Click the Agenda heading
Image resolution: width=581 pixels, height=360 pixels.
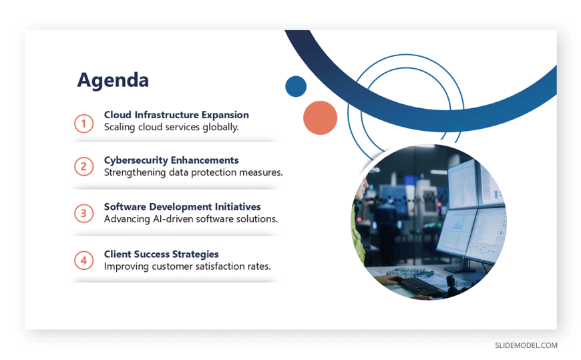[113, 80]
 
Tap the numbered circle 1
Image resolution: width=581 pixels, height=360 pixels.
[83, 124]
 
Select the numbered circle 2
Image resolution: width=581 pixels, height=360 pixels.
[83, 166]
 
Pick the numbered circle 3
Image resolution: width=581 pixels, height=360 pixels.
[83, 214]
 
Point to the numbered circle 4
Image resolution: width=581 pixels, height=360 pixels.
[83, 260]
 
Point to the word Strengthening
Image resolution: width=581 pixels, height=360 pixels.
[135, 173]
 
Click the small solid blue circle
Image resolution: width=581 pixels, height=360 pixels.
[296, 86]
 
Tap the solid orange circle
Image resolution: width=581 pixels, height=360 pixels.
[320, 118]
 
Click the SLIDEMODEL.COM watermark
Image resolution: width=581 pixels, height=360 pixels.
[526, 345]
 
